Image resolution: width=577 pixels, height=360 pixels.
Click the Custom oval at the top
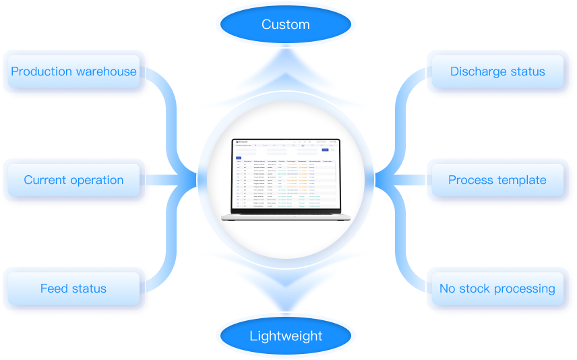[x=285, y=25]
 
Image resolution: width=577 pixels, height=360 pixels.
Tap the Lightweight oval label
[x=286, y=336]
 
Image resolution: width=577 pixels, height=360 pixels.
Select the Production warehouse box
[x=73, y=71]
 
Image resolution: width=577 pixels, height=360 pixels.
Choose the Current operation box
[x=73, y=180]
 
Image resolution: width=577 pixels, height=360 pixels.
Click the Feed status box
[x=73, y=289]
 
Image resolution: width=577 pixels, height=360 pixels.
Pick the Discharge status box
[x=497, y=71]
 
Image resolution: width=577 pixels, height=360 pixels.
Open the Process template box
[x=497, y=180]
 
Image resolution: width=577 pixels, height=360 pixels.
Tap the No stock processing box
[x=497, y=289]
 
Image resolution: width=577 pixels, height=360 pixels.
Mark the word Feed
[x=55, y=289]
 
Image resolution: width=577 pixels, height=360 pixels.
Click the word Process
[x=470, y=180]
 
